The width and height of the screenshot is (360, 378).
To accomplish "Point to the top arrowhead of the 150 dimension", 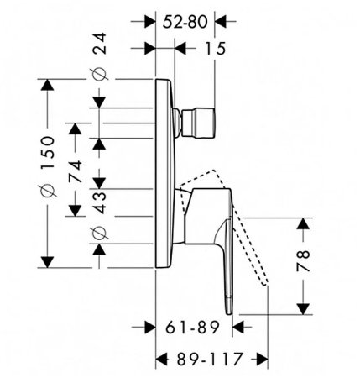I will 47,84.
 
